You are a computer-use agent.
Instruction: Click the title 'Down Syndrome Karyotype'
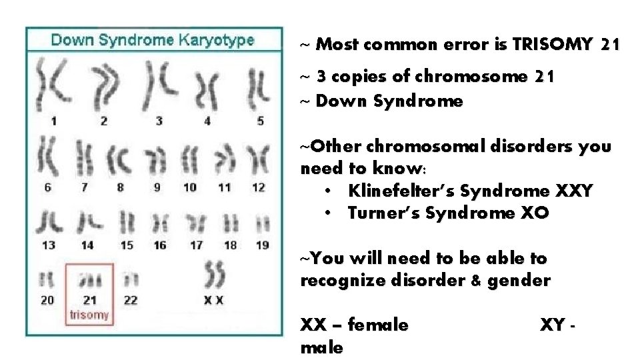pyautogui.click(x=153, y=39)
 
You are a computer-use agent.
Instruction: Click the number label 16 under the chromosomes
pyautogui.click(x=160, y=245)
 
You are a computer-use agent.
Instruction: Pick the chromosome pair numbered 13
pyautogui.click(x=49, y=221)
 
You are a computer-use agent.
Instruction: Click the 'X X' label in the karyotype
pyautogui.click(x=213, y=301)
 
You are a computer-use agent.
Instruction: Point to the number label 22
pyautogui.click(x=131, y=301)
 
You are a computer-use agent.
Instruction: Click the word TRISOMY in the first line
pyautogui.click(x=551, y=45)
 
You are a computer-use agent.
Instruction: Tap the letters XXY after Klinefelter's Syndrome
pyautogui.click(x=573, y=191)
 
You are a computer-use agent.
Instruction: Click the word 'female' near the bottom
pyautogui.click(x=379, y=325)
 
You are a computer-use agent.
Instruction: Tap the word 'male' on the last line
pyautogui.click(x=321, y=347)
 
